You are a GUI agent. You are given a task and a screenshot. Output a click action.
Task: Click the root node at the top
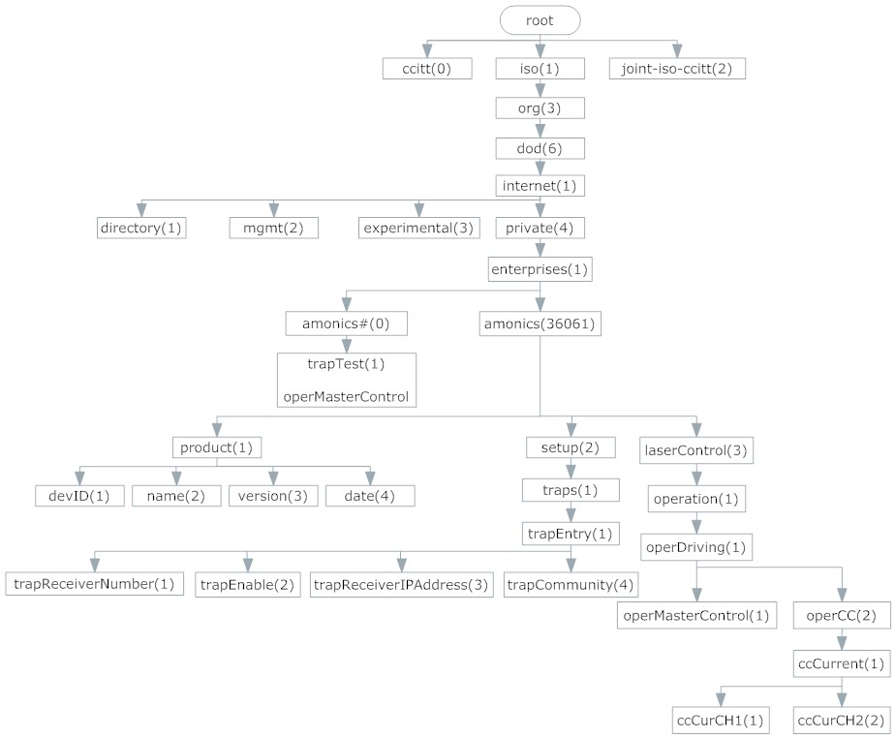540,19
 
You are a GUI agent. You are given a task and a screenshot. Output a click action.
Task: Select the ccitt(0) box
427,69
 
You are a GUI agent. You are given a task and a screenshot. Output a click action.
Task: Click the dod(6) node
540,148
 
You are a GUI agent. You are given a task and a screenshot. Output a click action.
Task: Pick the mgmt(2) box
274,228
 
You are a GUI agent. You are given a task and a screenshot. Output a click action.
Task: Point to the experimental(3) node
418,228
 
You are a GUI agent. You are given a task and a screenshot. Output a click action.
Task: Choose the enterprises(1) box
540,268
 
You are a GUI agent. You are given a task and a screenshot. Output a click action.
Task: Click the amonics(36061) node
540,323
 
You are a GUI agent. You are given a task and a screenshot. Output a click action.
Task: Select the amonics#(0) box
346,323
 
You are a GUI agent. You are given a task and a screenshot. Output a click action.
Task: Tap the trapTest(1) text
346,365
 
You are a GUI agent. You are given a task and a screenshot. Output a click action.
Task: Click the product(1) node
216,448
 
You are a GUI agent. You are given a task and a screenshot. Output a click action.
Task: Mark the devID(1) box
78,496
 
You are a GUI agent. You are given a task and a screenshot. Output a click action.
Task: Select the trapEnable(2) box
247,584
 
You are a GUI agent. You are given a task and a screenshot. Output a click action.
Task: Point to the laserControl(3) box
696,450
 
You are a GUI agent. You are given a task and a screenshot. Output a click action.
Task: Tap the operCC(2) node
841,616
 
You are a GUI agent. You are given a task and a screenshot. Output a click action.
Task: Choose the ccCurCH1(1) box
720,720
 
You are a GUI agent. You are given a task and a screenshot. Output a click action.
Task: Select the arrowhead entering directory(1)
141,209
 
